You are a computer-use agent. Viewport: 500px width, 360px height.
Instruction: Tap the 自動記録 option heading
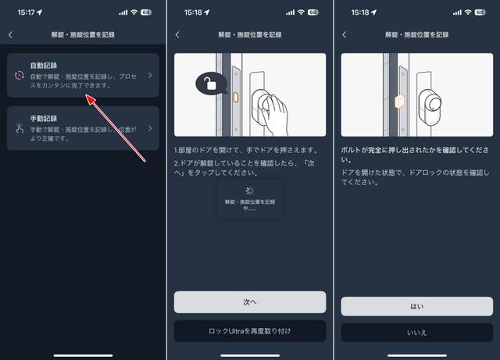[44, 66]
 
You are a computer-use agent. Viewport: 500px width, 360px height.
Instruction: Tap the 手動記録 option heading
[44, 119]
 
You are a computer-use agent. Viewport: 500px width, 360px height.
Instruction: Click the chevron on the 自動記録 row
[150, 76]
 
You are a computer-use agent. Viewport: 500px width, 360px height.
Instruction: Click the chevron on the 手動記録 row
[150, 129]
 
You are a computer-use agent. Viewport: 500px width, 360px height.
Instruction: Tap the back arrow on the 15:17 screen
[10, 35]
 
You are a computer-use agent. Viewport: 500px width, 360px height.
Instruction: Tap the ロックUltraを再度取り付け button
[250, 331]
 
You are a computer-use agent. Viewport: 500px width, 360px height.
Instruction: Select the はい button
[416, 306]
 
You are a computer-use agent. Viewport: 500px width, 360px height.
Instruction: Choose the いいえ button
[416, 333]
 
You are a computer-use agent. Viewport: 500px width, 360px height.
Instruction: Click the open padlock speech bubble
[211, 84]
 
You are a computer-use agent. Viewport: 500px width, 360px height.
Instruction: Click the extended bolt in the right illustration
[399, 102]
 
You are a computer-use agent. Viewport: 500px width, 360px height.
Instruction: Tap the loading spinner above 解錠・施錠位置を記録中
[250, 191]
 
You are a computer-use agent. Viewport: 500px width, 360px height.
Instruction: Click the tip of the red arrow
[87, 94]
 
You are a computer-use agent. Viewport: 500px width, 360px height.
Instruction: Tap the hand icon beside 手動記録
[20, 128]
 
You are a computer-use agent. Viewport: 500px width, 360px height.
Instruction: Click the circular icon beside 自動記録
[19, 76]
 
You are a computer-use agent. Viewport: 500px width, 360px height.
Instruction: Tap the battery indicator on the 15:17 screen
[146, 12]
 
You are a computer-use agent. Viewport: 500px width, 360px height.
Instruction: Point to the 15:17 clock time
[26, 12]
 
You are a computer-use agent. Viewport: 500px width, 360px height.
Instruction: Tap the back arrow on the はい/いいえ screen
[345, 35]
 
